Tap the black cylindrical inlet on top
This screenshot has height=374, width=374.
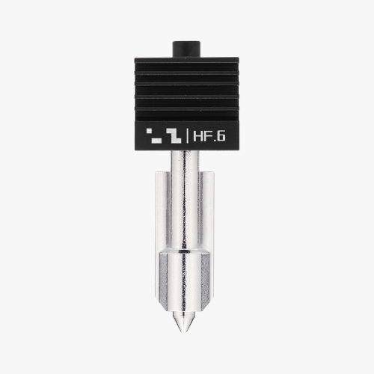pyautogui.click(x=186, y=49)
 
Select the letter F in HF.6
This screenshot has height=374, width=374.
pyautogui.click(x=206, y=137)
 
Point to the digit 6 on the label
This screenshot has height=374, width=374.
pyautogui.click(x=221, y=137)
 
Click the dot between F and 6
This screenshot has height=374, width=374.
pyautogui.click(x=213, y=141)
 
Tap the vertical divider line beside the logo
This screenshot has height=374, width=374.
pyautogui.click(x=187, y=137)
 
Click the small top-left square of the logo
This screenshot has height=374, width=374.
pyautogui.click(x=150, y=131)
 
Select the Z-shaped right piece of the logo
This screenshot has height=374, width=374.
pyautogui.click(x=174, y=136)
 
